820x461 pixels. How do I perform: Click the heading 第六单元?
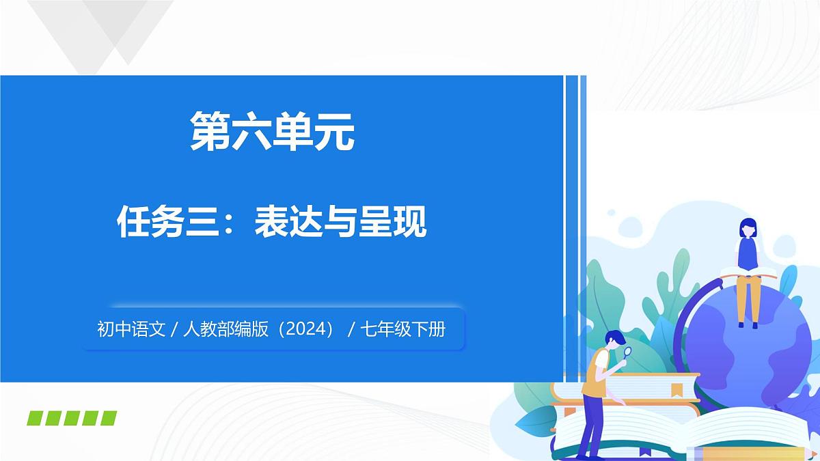[272, 131]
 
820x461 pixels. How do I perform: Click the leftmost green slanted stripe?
[36, 418]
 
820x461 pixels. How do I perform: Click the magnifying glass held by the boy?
[628, 353]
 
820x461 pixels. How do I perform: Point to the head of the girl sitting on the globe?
[748, 227]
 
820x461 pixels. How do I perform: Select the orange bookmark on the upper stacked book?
[677, 389]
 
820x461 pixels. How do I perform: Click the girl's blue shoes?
[747, 324]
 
